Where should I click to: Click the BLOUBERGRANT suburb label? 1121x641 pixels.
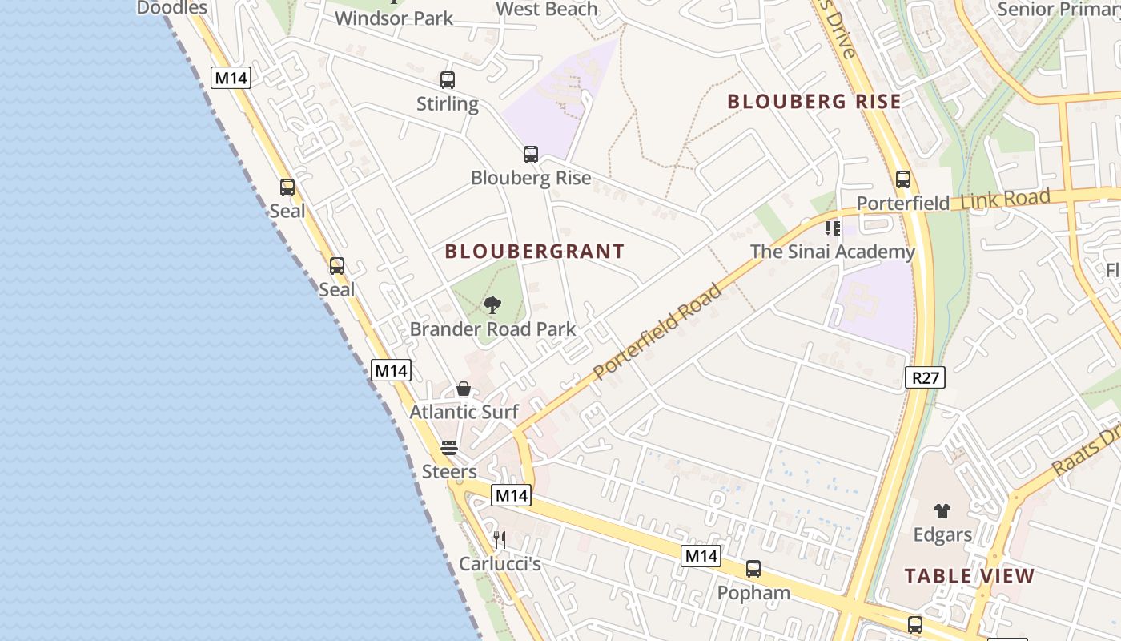pos(534,252)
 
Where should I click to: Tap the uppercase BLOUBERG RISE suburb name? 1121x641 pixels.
pos(814,102)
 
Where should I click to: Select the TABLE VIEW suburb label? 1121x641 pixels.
pos(969,575)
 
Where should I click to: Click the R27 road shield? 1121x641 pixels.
pos(925,377)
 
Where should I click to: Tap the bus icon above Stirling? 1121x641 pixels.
pos(448,80)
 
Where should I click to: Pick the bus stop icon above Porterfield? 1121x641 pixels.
pos(903,179)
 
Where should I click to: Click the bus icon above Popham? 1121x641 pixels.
pos(753,569)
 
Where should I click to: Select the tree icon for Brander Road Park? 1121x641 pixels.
pos(492,305)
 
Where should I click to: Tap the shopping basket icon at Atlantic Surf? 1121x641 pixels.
pos(464,389)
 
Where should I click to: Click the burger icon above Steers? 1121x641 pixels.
pos(449,447)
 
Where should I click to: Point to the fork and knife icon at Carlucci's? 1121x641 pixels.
pos(500,540)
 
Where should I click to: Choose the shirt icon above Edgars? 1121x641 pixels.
pos(942,510)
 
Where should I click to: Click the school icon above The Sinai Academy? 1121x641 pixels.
pos(833,228)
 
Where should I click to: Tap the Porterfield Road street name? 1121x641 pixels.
pos(657,331)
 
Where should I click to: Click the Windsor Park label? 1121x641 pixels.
pos(394,18)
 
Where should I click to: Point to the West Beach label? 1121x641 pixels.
pos(547,9)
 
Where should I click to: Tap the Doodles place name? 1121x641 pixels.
pos(172,8)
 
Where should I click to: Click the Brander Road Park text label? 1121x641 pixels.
pos(492,329)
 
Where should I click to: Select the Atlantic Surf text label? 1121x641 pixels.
pos(464,413)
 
